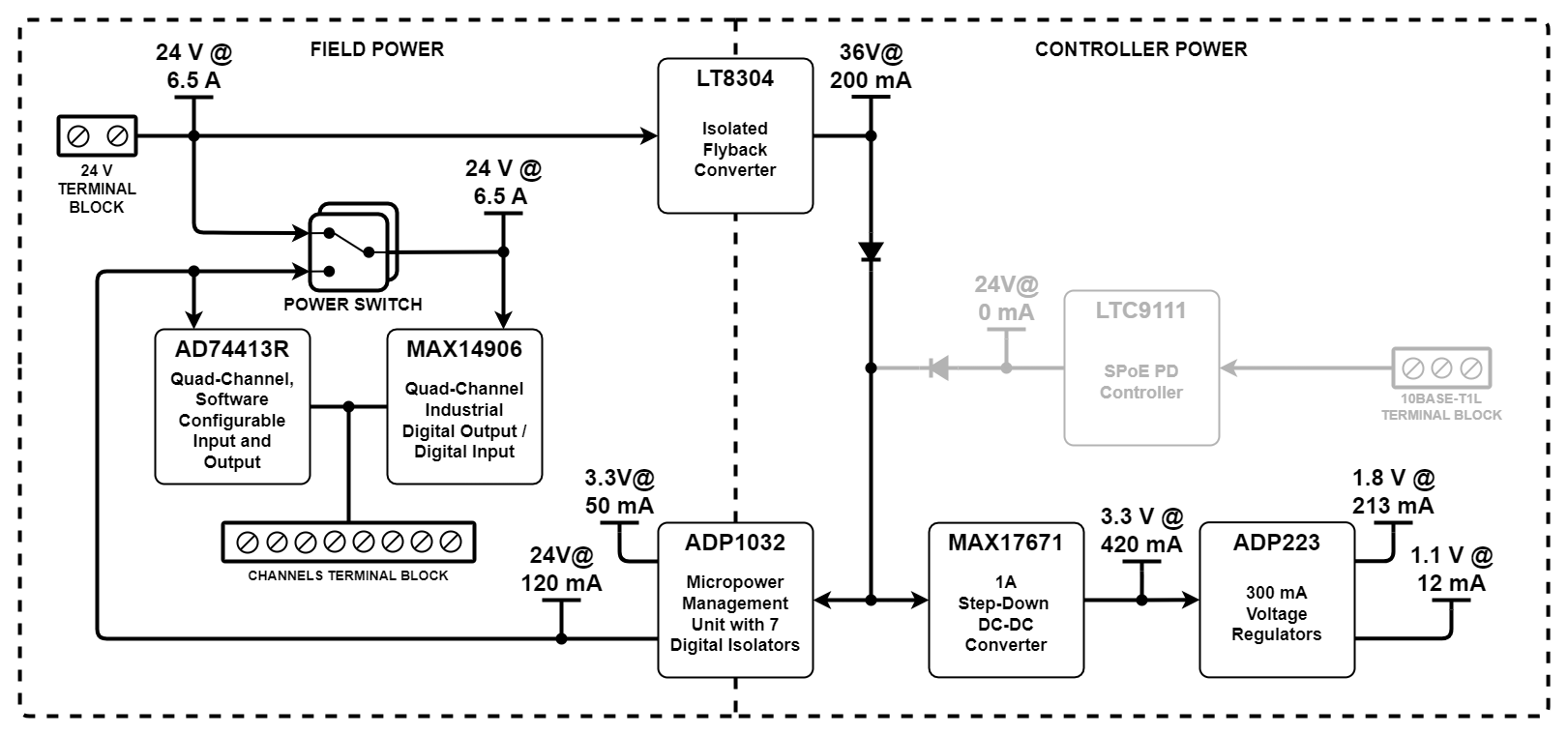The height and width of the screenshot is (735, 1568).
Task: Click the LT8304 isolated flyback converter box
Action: tap(735, 135)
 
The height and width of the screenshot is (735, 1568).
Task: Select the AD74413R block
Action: tap(232, 406)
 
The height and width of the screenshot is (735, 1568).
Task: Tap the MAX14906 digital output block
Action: tap(464, 406)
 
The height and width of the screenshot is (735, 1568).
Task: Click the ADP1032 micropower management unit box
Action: tap(735, 600)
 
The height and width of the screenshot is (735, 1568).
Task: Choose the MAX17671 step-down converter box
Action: tap(1006, 600)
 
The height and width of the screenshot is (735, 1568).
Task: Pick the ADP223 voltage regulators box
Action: tap(1277, 600)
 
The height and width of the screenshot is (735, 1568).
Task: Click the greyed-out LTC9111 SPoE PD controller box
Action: tap(1141, 367)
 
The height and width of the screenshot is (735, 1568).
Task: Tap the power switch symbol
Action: tap(351, 249)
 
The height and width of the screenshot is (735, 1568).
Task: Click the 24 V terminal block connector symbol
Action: tap(97, 136)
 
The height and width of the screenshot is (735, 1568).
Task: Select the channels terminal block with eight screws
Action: tap(348, 542)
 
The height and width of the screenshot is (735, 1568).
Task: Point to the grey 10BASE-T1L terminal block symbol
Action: tap(1441, 367)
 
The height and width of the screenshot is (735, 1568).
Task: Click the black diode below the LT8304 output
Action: tap(871, 252)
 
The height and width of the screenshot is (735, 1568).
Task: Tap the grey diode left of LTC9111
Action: tap(937, 367)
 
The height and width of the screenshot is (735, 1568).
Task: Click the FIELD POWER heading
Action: tap(376, 49)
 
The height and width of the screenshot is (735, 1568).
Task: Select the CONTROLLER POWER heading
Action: tap(1140, 49)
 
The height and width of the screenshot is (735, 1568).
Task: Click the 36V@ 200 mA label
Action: tap(871, 67)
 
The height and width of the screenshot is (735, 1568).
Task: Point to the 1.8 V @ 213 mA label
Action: tap(1393, 492)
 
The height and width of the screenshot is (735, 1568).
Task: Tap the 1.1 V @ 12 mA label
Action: tap(1451, 570)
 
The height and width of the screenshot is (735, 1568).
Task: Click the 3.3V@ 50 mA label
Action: tap(619, 492)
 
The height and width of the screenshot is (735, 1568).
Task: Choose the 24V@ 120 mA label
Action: tap(561, 570)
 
